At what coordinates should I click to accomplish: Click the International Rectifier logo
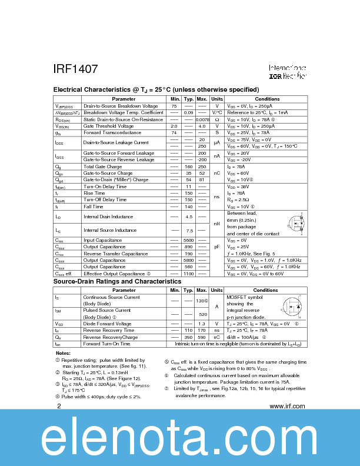(x=288, y=72)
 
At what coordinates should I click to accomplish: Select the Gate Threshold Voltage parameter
(x=108, y=126)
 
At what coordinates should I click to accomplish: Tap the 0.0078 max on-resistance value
(x=202, y=119)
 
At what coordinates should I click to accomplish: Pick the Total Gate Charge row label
(x=102, y=167)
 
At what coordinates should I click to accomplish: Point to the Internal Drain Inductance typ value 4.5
(x=189, y=217)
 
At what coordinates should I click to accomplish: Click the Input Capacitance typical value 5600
(x=189, y=240)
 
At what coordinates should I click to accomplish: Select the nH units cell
(x=217, y=224)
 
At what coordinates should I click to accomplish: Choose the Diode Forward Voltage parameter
(x=107, y=324)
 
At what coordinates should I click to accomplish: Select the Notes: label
(x=63, y=353)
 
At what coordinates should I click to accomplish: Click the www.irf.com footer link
(x=287, y=406)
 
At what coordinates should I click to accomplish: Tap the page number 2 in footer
(x=58, y=406)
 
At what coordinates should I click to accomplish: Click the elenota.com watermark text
(x=180, y=439)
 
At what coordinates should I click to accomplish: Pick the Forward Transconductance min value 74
(x=174, y=133)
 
